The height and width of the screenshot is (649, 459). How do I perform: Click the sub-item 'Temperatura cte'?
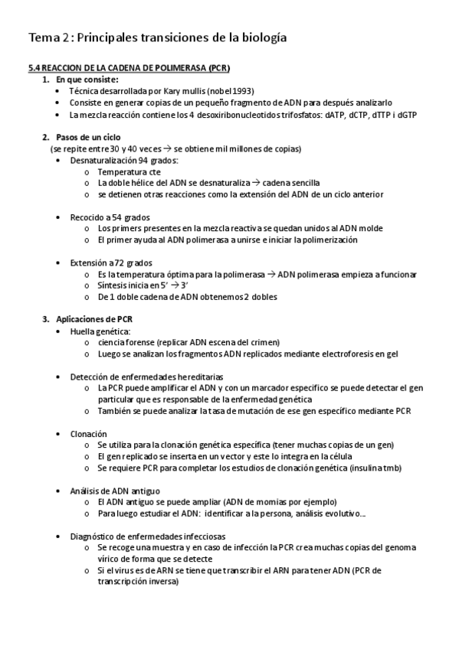[x=128, y=171]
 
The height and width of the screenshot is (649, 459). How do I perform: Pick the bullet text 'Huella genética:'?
[x=100, y=331]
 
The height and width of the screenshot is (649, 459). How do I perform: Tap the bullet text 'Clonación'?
[x=88, y=433]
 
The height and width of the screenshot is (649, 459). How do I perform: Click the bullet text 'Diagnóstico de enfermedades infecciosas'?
[x=148, y=536]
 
